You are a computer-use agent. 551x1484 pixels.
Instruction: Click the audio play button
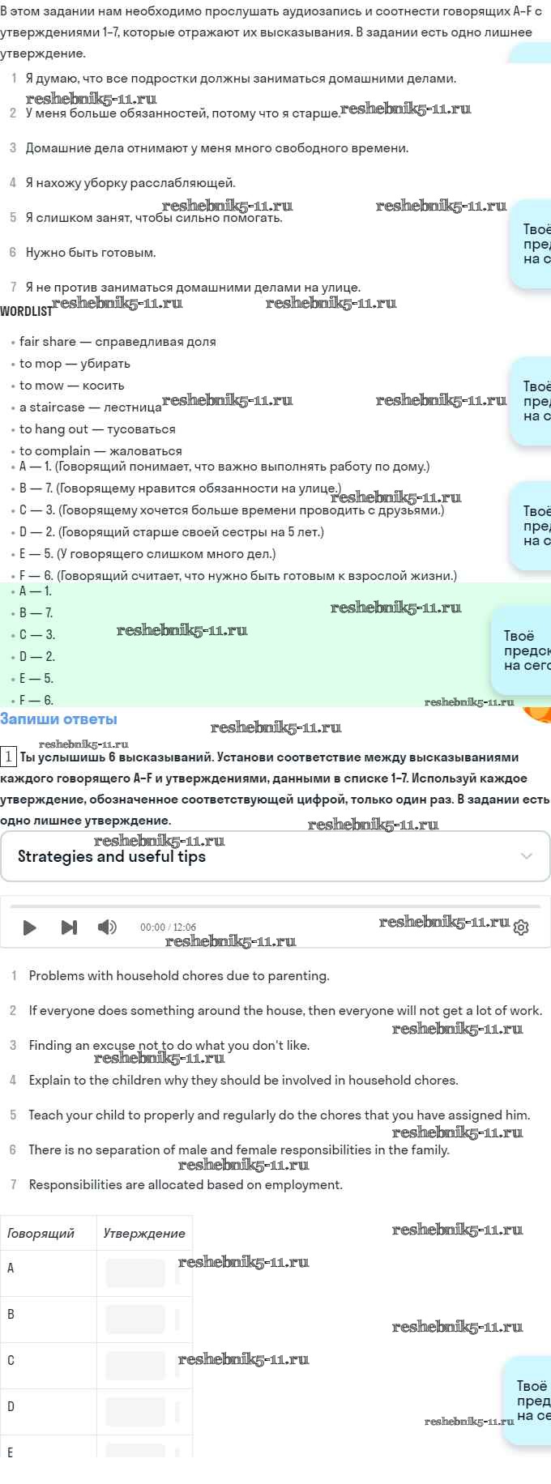(30, 927)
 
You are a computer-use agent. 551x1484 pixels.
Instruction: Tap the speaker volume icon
(106, 927)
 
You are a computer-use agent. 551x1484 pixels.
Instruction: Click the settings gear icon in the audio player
(521, 927)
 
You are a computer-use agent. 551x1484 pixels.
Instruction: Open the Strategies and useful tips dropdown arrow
(527, 856)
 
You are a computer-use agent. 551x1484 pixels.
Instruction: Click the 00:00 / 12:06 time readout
(168, 927)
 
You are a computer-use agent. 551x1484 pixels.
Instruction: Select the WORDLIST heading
(26, 311)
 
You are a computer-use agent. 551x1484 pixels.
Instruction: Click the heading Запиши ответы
(58, 719)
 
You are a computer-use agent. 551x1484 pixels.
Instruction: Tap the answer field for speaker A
(135, 1273)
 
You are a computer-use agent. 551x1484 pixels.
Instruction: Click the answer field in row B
(135, 1320)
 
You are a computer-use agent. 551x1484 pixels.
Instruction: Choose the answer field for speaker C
(135, 1366)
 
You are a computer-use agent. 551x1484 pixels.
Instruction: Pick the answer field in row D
(135, 1412)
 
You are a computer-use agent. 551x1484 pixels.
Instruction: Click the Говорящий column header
(41, 1234)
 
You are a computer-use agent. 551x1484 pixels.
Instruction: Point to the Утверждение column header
(144, 1234)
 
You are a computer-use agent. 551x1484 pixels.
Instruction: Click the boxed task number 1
(8, 757)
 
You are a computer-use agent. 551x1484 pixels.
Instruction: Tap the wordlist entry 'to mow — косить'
(72, 386)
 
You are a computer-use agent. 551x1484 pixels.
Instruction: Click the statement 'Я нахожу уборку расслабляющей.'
(130, 183)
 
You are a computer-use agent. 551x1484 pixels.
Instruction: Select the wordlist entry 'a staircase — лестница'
(90, 407)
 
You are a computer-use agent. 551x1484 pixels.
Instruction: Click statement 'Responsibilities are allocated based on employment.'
(186, 1185)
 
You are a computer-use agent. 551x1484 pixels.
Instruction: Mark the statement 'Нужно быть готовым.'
(91, 253)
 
